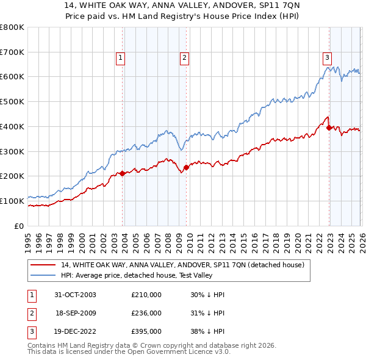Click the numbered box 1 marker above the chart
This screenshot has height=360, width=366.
tap(120, 58)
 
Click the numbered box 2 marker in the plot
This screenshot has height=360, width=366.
tap(184, 58)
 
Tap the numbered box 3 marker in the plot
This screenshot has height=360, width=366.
tap(327, 58)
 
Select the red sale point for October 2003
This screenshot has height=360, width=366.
tap(123, 173)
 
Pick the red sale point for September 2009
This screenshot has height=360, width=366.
tap(186, 167)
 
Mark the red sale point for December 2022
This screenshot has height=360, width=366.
tap(329, 128)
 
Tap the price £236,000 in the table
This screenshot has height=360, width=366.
tap(146, 313)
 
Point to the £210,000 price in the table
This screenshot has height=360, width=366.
tap(146, 295)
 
